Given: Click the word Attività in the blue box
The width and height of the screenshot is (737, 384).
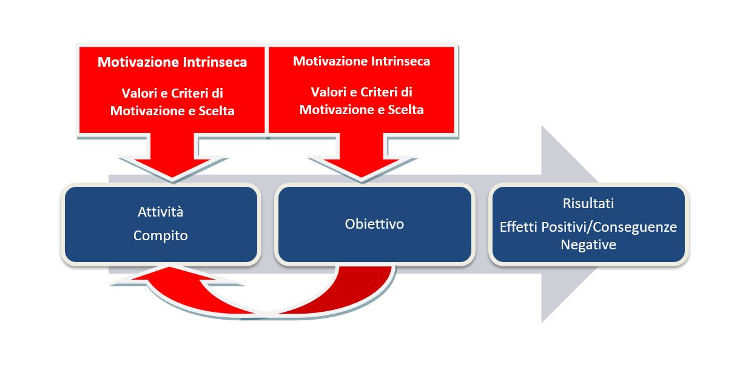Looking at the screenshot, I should point(160,212).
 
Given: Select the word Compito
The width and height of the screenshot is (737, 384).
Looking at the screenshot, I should point(160,235).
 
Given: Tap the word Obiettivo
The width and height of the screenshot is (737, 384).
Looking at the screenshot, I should point(374,224).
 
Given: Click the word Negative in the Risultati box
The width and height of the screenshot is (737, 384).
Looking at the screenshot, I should point(588,245).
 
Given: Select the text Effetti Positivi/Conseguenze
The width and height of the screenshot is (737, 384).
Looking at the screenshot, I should point(588,227).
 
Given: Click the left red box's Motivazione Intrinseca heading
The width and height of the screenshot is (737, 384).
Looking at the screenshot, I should point(172,62).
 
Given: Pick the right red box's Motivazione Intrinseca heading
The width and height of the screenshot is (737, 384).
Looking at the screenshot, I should point(362,61).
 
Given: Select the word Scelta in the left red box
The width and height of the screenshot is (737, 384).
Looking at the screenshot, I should point(217,111).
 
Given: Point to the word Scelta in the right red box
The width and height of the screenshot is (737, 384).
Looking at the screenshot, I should point(406,110).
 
